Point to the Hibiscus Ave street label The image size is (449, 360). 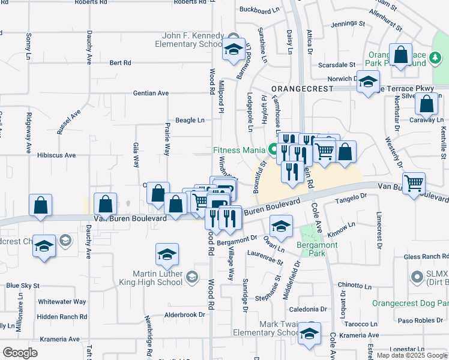[56, 155]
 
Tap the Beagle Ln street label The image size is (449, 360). [190, 120]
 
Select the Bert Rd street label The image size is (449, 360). [120, 62]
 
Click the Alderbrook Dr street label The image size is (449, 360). [184, 314]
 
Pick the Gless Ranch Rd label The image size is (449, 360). [425, 257]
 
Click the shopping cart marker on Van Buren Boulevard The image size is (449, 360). [414, 184]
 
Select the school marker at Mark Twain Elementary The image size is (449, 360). [309, 334]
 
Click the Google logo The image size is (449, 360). [20, 353]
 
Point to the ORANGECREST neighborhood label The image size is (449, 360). [295, 88]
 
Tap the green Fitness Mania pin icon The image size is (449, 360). [273, 149]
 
